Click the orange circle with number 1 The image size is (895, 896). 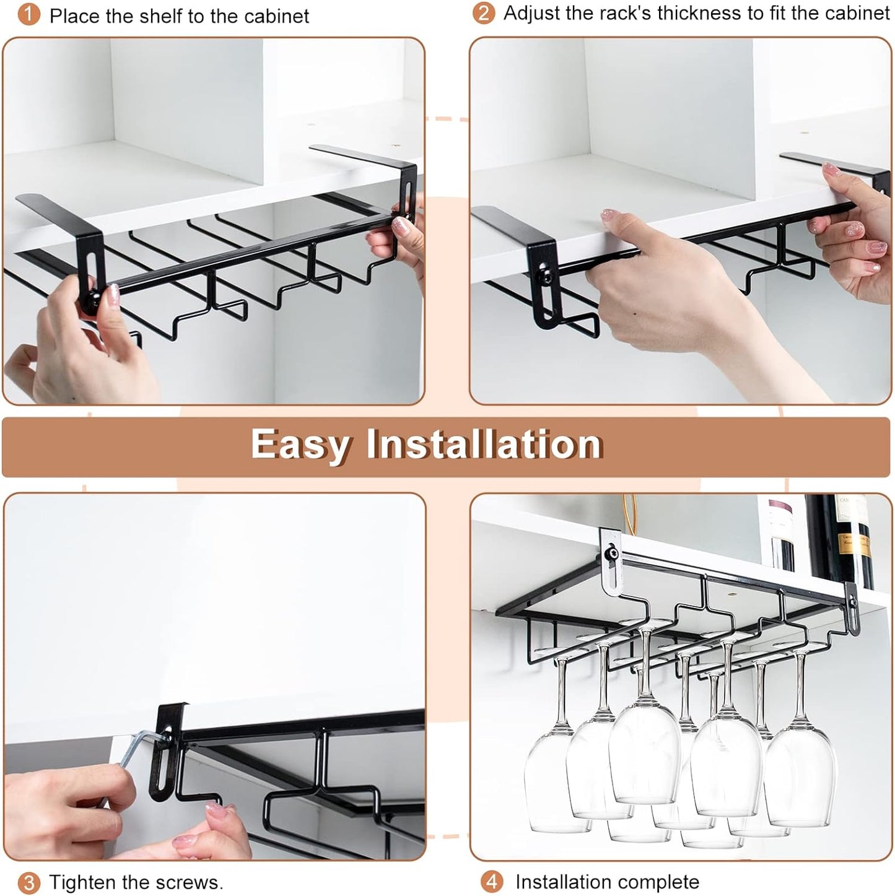click(28, 15)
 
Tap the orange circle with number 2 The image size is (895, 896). click(484, 13)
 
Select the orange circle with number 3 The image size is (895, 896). click(28, 882)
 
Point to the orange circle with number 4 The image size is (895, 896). click(492, 882)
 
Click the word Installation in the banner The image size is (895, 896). click(484, 445)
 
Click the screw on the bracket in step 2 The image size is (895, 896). click(545, 271)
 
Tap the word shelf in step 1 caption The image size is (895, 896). click(164, 15)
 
